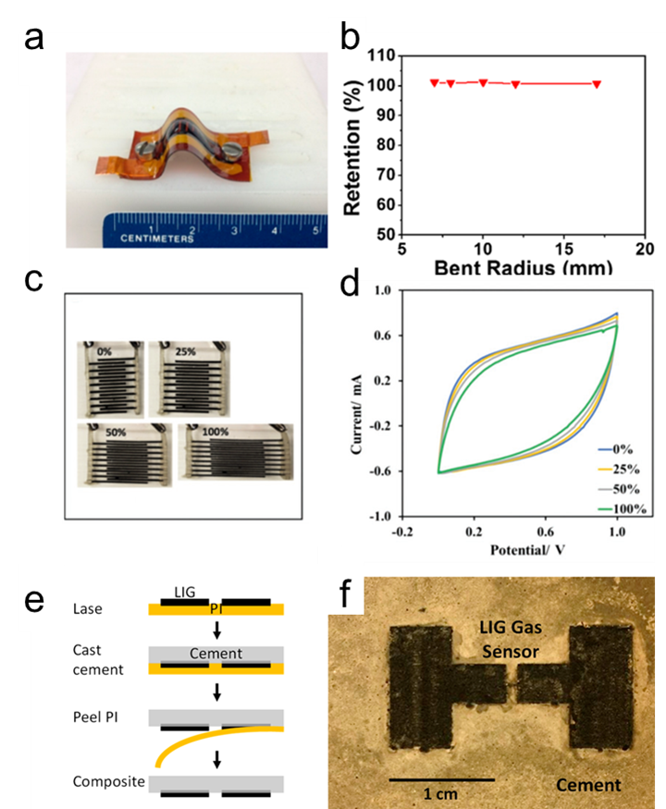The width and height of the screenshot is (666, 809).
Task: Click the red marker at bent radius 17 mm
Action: click(x=597, y=84)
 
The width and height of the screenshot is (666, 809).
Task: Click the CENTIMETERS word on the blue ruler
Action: click(x=160, y=238)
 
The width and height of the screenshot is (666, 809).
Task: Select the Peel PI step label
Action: click(x=99, y=718)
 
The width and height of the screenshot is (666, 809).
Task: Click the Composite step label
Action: click(x=109, y=782)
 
